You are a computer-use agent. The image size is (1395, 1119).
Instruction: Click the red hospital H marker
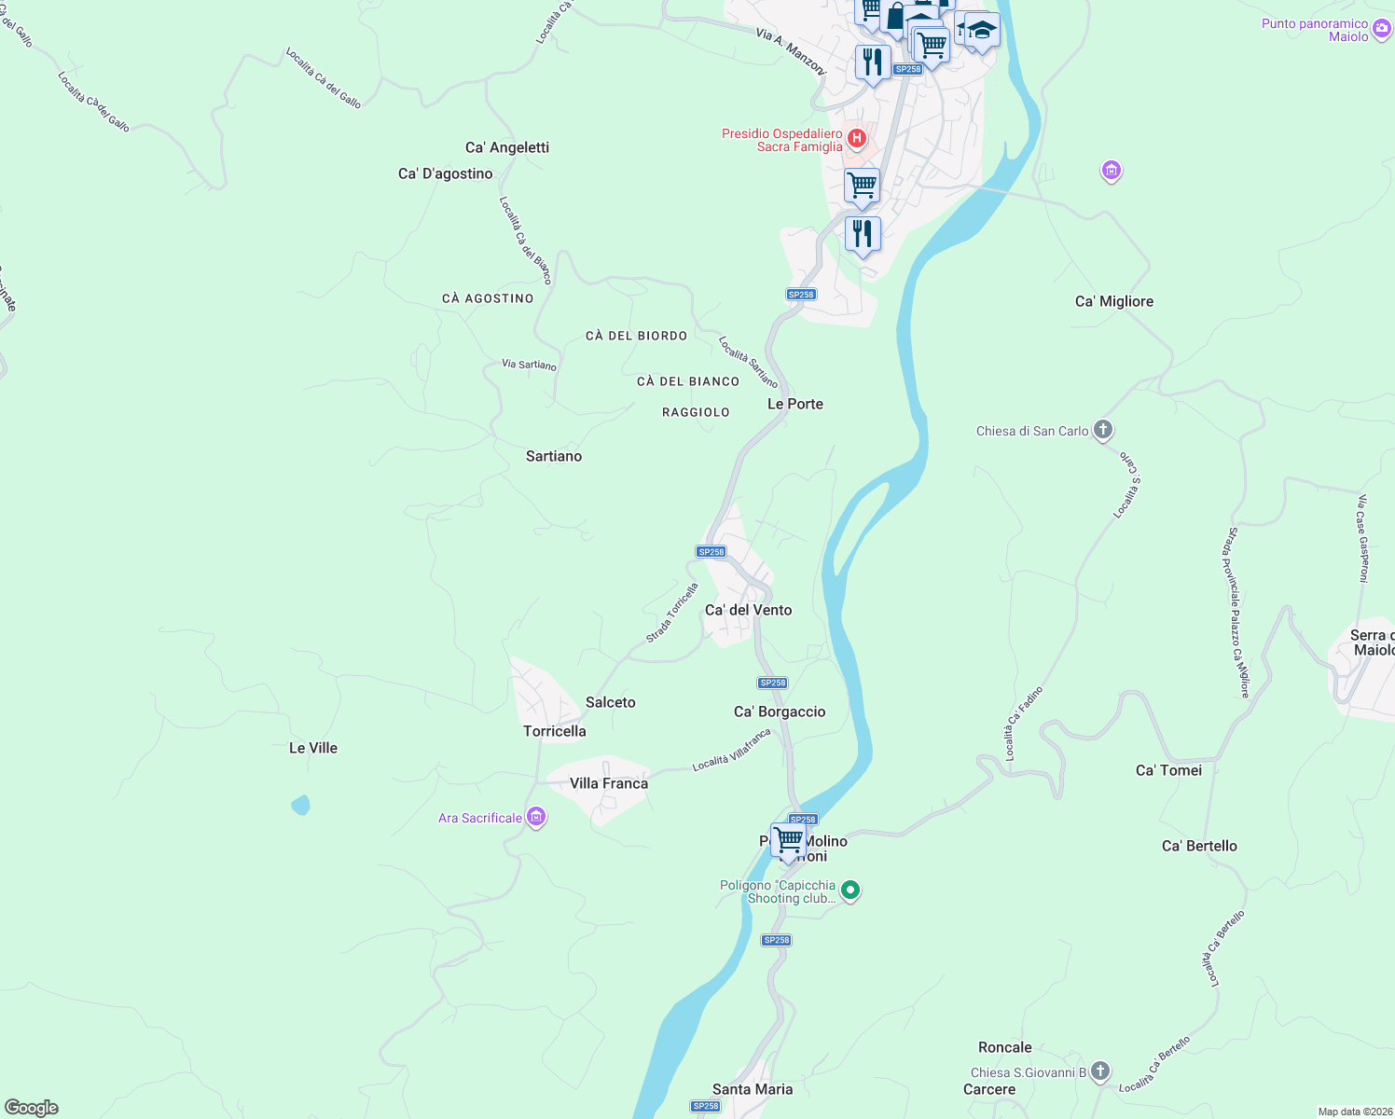click(x=857, y=140)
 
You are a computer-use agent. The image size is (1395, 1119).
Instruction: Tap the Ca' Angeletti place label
click(x=507, y=147)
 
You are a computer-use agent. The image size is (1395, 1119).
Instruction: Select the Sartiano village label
click(x=554, y=456)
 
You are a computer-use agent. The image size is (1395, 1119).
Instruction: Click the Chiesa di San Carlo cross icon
click(x=1102, y=430)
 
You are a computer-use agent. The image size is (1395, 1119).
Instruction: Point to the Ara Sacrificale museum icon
click(x=536, y=818)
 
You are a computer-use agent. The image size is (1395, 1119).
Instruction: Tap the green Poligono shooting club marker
click(x=849, y=891)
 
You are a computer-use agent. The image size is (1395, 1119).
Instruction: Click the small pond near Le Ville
click(x=300, y=805)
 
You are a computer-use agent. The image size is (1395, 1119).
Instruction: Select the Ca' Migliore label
click(x=1114, y=301)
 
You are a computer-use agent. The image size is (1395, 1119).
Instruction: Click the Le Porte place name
click(x=795, y=404)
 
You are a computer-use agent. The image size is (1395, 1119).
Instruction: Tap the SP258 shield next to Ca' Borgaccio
click(x=773, y=683)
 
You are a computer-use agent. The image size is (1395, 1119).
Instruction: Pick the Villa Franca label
click(x=609, y=783)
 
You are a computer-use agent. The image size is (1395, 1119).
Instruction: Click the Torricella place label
click(x=555, y=731)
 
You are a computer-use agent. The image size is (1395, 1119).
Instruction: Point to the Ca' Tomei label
click(x=1168, y=770)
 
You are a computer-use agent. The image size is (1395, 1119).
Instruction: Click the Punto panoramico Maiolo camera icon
click(x=1382, y=30)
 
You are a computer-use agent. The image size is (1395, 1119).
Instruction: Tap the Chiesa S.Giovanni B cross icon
click(x=1100, y=1071)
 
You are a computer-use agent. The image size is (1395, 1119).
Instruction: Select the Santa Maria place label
click(x=753, y=1089)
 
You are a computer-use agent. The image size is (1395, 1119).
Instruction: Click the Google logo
click(x=32, y=1108)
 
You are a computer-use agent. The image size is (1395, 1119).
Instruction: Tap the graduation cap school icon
click(x=981, y=31)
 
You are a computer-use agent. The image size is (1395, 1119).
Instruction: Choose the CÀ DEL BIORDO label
click(x=636, y=336)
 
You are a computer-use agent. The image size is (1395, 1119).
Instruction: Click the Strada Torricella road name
click(x=672, y=613)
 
